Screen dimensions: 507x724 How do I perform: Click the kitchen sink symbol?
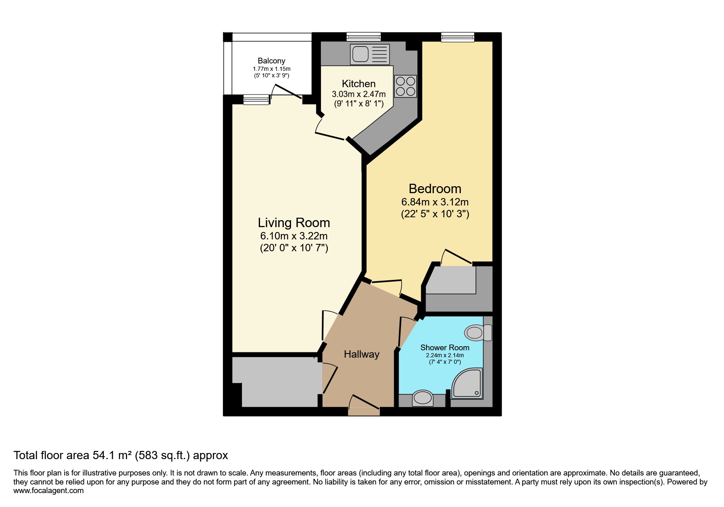pos(370,54)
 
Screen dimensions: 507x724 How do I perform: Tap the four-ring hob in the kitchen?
pos(406,86)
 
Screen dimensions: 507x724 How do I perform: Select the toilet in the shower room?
pos(478,333)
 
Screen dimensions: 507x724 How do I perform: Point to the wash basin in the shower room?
pos(422,398)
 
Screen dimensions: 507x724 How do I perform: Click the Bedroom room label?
pos(435,189)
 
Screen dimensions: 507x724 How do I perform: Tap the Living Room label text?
pos(294,223)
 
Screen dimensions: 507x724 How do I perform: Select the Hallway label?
pos(361,354)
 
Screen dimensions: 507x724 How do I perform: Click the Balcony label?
pos(271,61)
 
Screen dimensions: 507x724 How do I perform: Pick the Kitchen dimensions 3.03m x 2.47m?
pos(359,94)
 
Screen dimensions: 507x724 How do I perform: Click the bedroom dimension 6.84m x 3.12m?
pos(435,202)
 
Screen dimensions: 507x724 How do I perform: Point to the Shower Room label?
pos(444,347)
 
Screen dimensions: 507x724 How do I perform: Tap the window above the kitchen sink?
pos(363,37)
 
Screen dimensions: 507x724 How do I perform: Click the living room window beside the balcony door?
pos(256,99)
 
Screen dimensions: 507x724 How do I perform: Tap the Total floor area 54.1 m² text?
pos(121,455)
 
